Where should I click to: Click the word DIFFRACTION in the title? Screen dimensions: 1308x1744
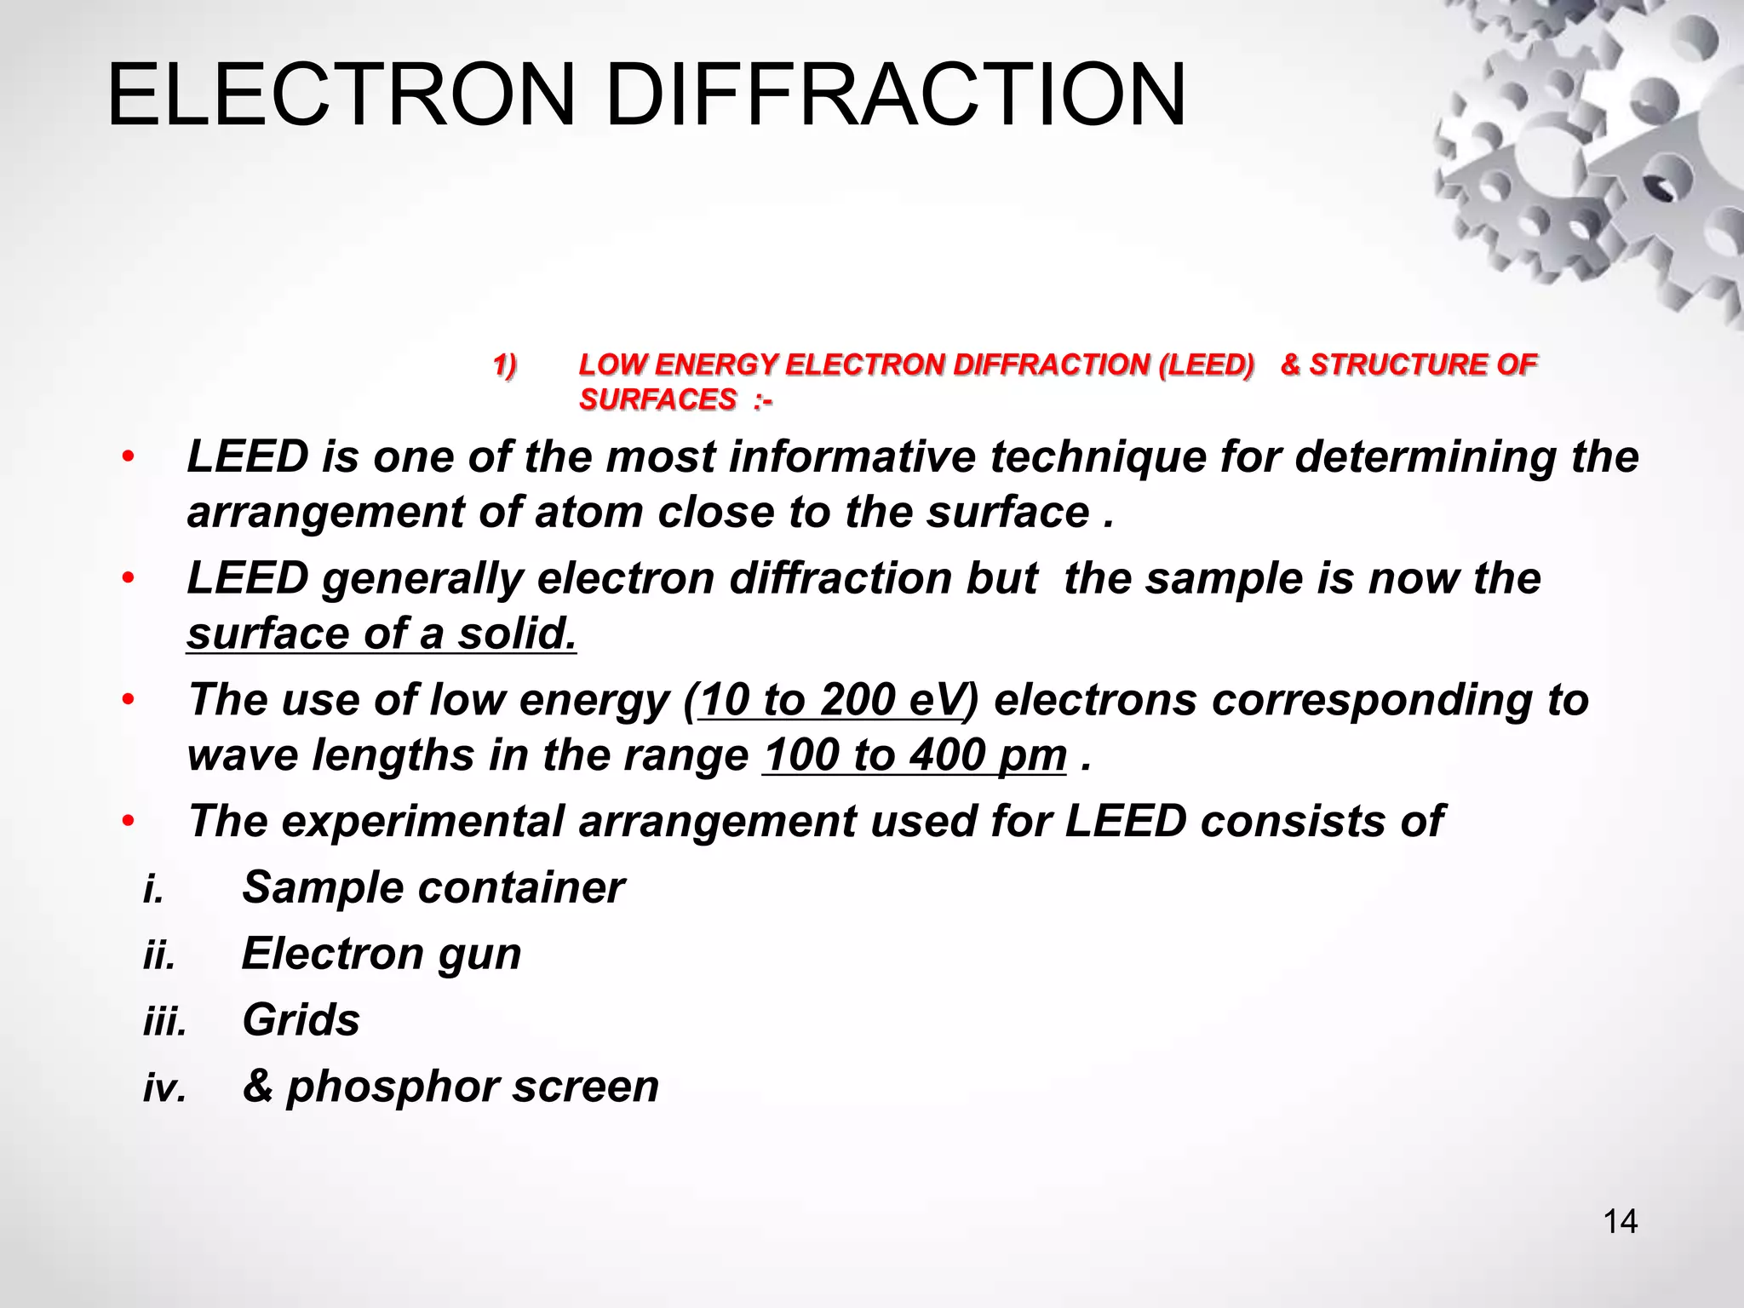click(895, 95)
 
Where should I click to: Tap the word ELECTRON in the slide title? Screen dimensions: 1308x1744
click(341, 95)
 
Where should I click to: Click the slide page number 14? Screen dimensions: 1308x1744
click(1620, 1222)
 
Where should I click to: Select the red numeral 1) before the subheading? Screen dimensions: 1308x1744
click(505, 366)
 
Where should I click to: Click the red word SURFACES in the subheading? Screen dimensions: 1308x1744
click(657, 399)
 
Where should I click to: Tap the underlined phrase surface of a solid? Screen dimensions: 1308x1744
click(381, 634)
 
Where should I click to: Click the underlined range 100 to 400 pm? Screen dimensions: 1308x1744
click(915, 755)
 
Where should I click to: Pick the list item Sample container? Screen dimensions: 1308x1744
click(433, 887)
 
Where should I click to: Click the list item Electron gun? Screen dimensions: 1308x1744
click(381, 953)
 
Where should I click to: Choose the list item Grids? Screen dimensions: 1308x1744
click(301, 1019)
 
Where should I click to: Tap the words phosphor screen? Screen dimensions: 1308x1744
click(472, 1086)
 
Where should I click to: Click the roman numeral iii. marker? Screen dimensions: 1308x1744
click(164, 1020)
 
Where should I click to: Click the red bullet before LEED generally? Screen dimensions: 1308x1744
click(128, 579)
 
